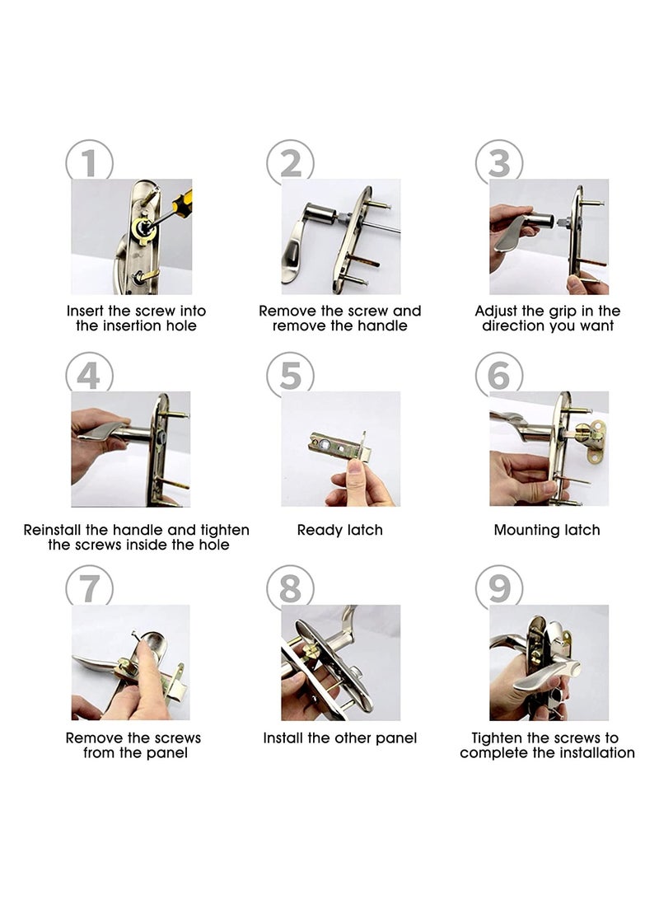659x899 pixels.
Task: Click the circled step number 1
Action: [89, 162]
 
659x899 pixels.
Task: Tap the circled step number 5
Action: [290, 376]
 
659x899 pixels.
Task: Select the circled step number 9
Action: [499, 588]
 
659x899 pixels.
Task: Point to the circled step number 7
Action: [89, 588]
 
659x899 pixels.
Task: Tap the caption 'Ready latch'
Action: [339, 530]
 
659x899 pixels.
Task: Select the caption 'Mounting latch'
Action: [546, 530]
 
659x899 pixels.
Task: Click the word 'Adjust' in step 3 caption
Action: [498, 311]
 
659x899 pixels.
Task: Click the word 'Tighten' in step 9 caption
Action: [498, 738]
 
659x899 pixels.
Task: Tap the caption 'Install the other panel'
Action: [339, 738]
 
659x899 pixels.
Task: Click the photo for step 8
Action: [340, 663]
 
